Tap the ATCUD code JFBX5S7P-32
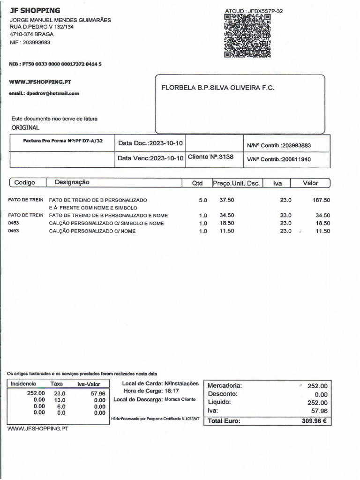pyautogui.click(x=254, y=11)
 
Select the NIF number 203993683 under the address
pyautogui.click(x=30, y=42)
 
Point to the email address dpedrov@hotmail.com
pyautogui.click(x=44, y=93)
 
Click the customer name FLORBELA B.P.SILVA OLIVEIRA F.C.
pyautogui.click(x=218, y=88)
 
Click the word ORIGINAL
pyautogui.click(x=25, y=127)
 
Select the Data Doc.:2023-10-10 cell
pyautogui.click(x=150, y=143)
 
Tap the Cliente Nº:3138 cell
pyautogui.click(x=210, y=157)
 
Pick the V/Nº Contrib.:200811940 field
pyautogui.click(x=279, y=159)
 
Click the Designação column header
pyautogui.click(x=72, y=182)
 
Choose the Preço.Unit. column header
pyautogui.click(x=228, y=183)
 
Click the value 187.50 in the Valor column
pyautogui.click(x=321, y=200)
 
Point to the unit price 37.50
pyautogui.click(x=227, y=200)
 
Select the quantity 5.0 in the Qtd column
pyautogui.click(x=203, y=200)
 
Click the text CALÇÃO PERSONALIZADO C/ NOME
pyautogui.click(x=92, y=231)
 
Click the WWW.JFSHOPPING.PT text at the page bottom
pyautogui.click(x=38, y=429)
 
